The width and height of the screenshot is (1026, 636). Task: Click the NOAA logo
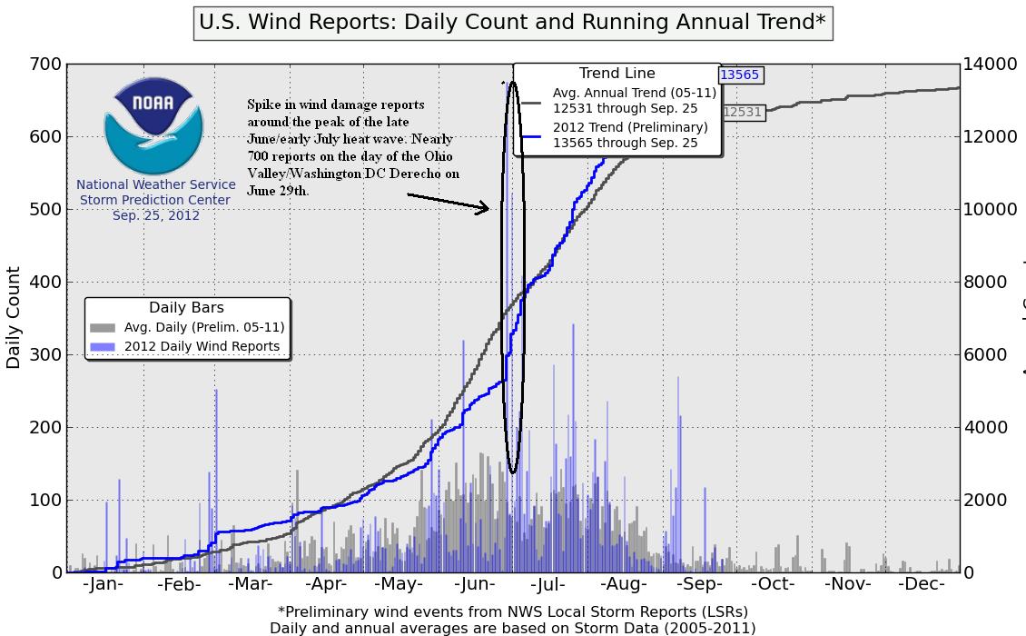tap(153, 126)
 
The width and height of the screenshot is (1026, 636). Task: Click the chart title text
tap(512, 22)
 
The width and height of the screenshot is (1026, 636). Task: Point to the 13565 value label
tap(739, 75)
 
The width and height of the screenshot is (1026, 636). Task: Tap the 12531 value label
tap(742, 112)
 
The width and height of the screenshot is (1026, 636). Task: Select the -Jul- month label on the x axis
tap(548, 584)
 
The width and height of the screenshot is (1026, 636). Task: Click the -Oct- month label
tap(774, 584)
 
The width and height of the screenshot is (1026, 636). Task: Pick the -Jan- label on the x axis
tap(103, 584)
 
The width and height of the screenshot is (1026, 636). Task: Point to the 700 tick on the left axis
tap(50, 65)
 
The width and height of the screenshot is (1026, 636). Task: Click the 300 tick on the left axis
tap(50, 354)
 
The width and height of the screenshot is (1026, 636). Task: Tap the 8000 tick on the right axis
tap(991, 282)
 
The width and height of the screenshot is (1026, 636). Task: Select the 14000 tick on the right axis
tap(991, 65)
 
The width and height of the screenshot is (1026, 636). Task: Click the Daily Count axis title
tap(14, 317)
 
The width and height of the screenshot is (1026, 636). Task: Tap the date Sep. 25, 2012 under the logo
tap(155, 215)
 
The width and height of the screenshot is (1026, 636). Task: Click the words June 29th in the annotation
tap(276, 192)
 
